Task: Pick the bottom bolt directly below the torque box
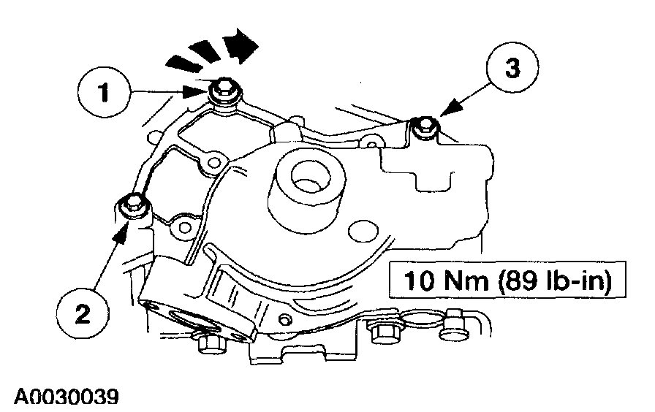point(383,333)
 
